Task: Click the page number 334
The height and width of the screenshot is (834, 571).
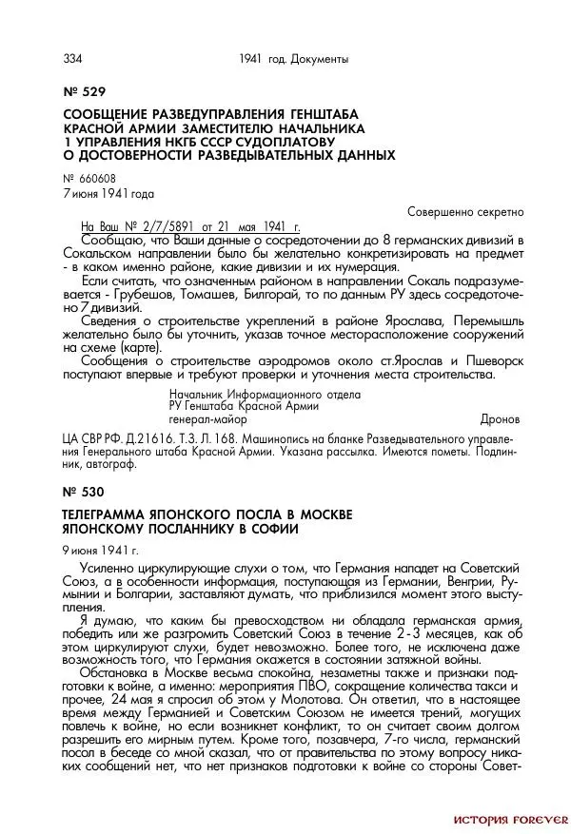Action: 72,59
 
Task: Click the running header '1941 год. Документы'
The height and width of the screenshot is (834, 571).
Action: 293,59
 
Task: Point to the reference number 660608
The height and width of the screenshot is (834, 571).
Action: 95,179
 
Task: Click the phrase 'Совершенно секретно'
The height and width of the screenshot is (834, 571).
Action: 465,211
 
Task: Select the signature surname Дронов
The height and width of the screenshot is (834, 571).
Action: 500,418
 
